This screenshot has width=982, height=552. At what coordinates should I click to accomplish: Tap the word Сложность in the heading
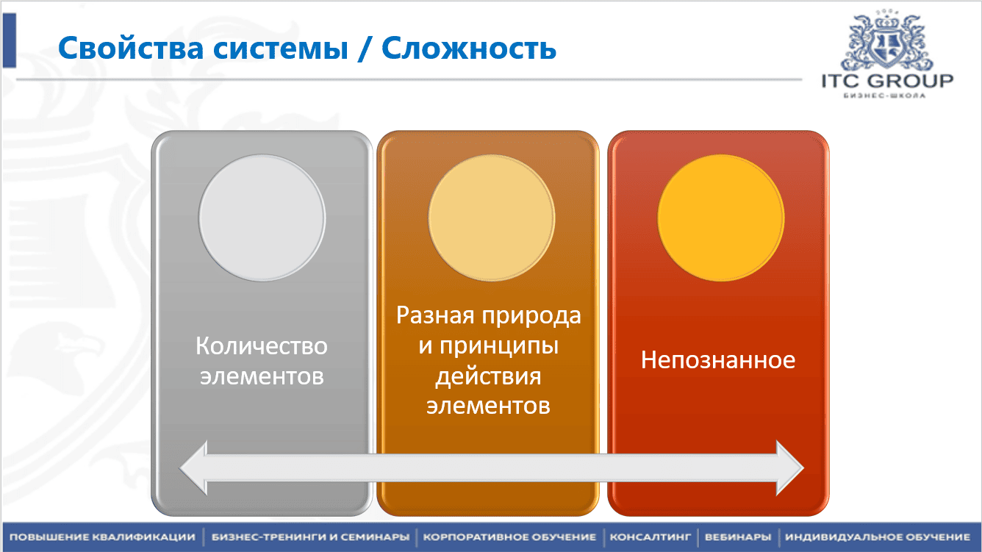(469, 49)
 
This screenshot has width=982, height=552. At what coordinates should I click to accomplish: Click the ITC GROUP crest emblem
(886, 40)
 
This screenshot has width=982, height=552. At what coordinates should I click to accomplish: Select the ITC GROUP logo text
(886, 81)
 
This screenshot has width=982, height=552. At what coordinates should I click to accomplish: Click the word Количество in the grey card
(262, 345)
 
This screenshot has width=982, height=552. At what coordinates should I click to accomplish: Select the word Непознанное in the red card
(718, 360)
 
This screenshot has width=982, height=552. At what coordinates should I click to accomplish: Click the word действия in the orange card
(488, 376)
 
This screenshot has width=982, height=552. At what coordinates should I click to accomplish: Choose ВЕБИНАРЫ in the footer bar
(737, 537)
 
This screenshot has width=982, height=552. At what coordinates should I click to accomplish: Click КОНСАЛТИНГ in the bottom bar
(651, 537)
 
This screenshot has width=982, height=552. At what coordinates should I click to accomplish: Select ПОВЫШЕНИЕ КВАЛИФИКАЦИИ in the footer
(102, 537)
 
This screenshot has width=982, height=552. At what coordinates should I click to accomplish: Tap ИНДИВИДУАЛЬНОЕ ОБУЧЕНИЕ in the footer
(877, 537)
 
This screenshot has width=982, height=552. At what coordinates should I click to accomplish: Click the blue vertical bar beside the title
(9, 41)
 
